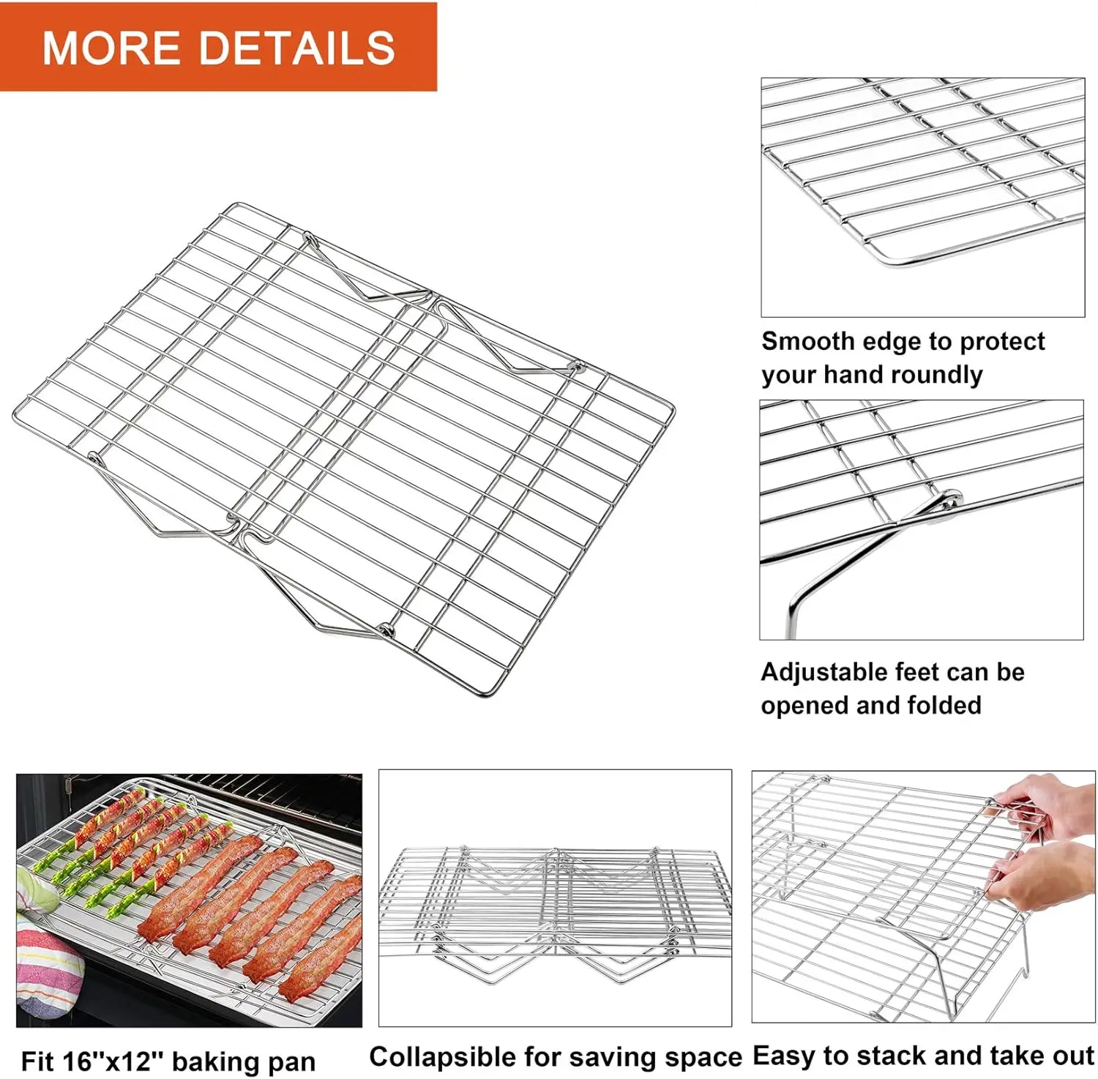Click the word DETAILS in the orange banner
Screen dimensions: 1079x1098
pyautogui.click(x=296, y=48)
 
